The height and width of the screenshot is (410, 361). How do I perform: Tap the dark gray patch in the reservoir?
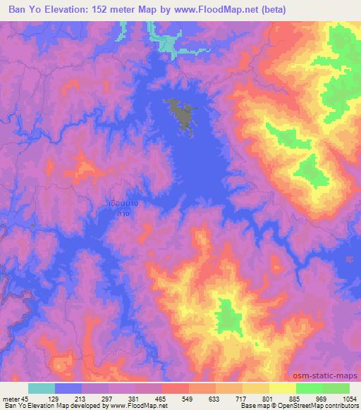click(182, 114)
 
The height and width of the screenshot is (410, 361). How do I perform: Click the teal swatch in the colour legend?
click(42, 388)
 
